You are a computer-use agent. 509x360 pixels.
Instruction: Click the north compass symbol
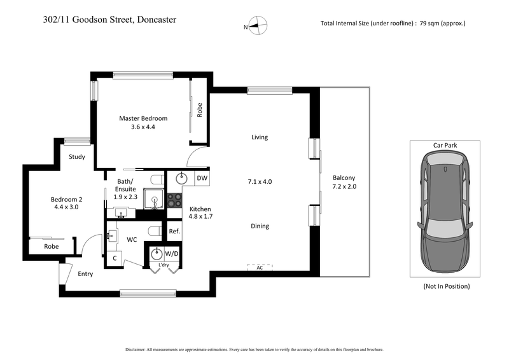(x=258, y=26)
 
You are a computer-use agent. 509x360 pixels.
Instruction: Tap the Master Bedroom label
(x=143, y=118)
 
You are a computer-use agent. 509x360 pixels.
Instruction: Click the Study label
(x=78, y=156)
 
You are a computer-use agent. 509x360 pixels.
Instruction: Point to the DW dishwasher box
(x=201, y=178)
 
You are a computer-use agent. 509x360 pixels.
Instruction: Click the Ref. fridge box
(x=174, y=232)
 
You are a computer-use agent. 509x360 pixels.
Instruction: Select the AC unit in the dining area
(x=260, y=268)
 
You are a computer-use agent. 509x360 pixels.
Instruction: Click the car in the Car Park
(x=445, y=214)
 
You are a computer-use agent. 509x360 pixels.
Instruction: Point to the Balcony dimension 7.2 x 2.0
(x=344, y=186)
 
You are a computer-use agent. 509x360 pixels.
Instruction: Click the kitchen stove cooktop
(x=174, y=200)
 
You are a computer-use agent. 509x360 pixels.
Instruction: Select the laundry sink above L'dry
(x=157, y=254)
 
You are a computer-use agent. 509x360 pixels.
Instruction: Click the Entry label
(x=85, y=274)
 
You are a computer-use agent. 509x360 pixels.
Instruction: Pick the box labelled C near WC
(x=115, y=258)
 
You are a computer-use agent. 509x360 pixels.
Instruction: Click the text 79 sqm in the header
(x=435, y=24)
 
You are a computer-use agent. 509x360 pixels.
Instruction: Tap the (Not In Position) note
(x=446, y=286)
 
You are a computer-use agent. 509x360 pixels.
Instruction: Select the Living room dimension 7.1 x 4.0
(x=259, y=181)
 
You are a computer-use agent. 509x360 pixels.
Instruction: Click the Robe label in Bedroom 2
(x=52, y=246)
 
